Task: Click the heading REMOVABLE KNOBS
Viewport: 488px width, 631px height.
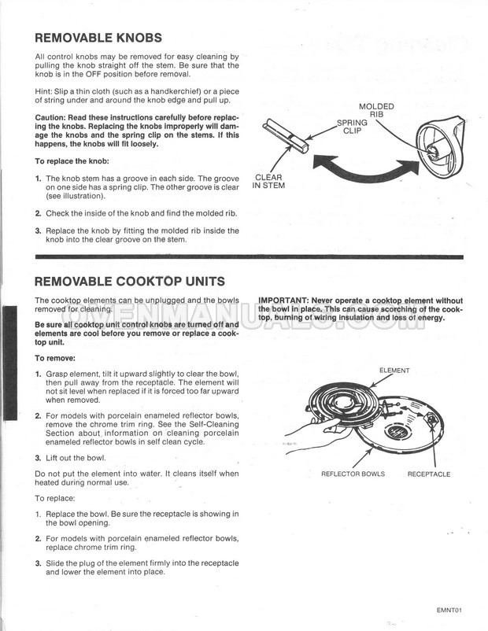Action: (98, 38)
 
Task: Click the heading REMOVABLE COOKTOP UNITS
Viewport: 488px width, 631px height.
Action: (130, 281)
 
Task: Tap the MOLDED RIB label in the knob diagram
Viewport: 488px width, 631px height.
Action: (376, 110)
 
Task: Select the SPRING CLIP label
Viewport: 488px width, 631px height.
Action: (352, 127)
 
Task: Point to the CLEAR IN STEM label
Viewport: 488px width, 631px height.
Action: (268, 182)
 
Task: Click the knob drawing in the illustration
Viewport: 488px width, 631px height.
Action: (440, 146)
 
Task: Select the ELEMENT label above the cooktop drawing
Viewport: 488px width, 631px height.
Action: (394, 371)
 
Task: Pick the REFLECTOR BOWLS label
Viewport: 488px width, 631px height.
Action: (353, 474)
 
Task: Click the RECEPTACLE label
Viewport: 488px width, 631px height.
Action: (429, 474)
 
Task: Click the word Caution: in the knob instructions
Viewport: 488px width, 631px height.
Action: (50, 117)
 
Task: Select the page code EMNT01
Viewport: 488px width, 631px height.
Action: (449, 610)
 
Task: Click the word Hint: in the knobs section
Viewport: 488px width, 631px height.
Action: (43, 91)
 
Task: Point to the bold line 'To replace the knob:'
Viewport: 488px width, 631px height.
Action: (72, 161)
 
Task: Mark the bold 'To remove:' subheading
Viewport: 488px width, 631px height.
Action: (55, 358)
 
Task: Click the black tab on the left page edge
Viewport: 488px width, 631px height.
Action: (10, 363)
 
